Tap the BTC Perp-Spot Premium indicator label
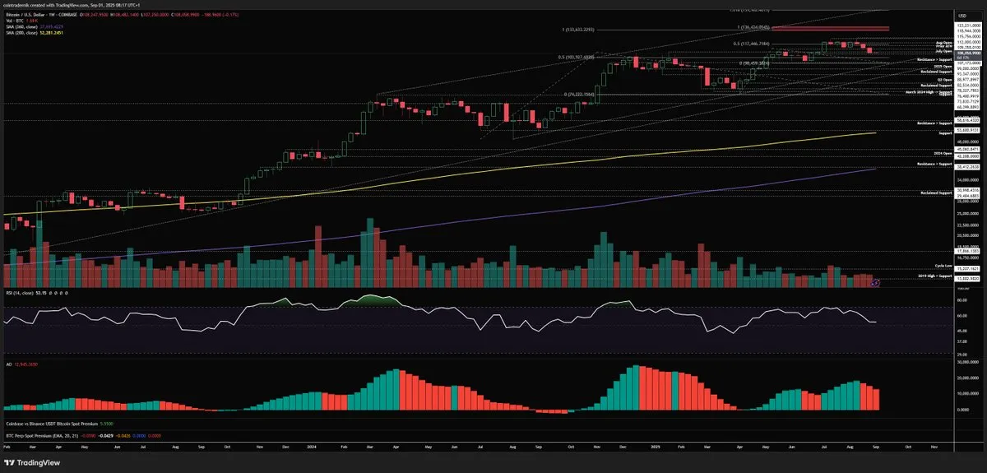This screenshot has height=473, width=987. click(x=36, y=434)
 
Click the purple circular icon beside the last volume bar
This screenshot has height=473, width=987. click(x=876, y=282)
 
